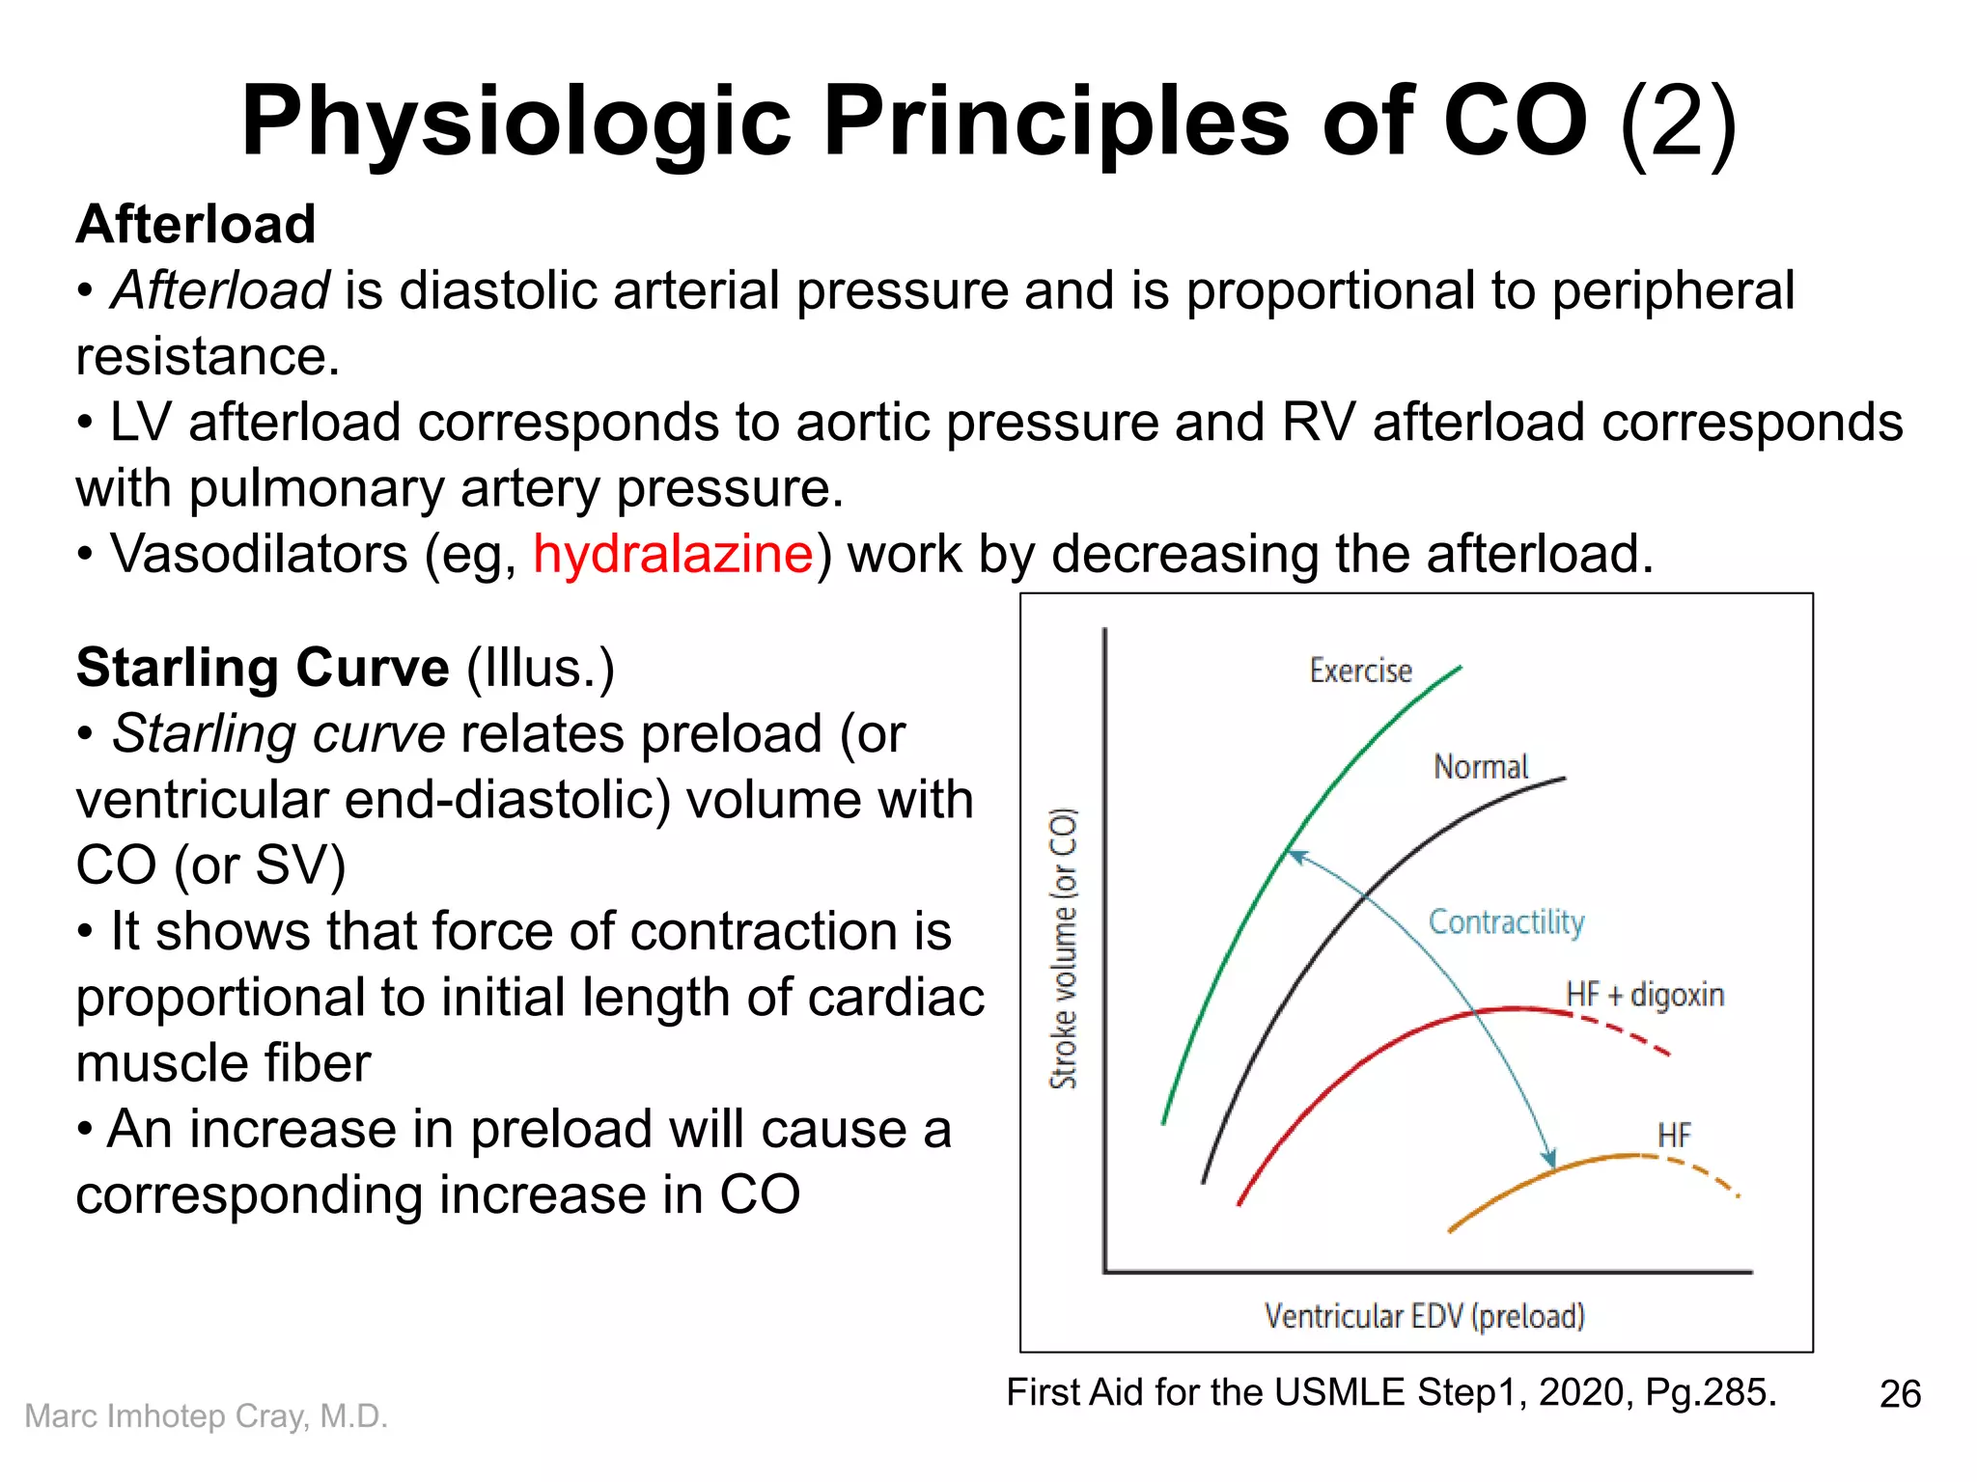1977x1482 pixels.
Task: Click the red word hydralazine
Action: [x=673, y=555]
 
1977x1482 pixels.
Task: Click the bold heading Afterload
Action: [x=196, y=224]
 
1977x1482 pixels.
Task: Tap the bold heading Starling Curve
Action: [x=263, y=668]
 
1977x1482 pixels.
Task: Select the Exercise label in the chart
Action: [x=1360, y=671]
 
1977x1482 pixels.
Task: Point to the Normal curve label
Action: [x=1481, y=767]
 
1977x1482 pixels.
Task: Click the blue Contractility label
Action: [x=1506, y=922]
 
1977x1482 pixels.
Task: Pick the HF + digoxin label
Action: [x=1644, y=995]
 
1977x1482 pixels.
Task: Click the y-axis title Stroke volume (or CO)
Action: [x=1063, y=949]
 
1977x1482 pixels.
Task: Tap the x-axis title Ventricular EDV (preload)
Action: [x=1424, y=1316]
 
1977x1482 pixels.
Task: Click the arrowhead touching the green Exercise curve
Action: [x=1296, y=855]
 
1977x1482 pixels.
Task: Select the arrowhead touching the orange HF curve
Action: [x=1548, y=1159]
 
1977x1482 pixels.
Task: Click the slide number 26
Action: [x=1900, y=1394]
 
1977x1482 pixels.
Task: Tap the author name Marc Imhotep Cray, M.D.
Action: [x=206, y=1415]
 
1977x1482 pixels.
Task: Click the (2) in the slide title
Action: [x=1678, y=123]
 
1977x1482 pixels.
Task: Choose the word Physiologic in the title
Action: [x=515, y=123]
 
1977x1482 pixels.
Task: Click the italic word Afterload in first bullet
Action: [x=220, y=290]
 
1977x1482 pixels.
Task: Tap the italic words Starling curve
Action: [x=278, y=734]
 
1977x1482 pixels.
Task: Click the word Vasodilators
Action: [x=259, y=555]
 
